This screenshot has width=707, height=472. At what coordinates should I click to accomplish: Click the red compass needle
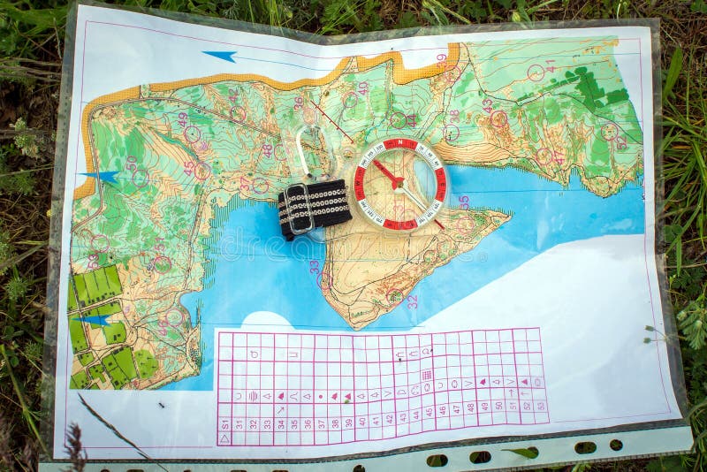[387, 171]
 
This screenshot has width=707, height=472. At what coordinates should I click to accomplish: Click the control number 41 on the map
[551, 66]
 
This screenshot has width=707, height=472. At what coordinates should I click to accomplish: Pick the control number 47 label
[559, 156]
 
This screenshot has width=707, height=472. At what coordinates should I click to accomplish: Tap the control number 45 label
[189, 166]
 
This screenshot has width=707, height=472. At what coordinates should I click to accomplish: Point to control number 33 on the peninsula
[314, 266]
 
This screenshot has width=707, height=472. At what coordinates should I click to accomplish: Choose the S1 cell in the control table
[224, 423]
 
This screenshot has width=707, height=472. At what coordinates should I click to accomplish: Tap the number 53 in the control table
[540, 405]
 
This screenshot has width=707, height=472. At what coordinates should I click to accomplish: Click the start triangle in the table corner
[224, 438]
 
